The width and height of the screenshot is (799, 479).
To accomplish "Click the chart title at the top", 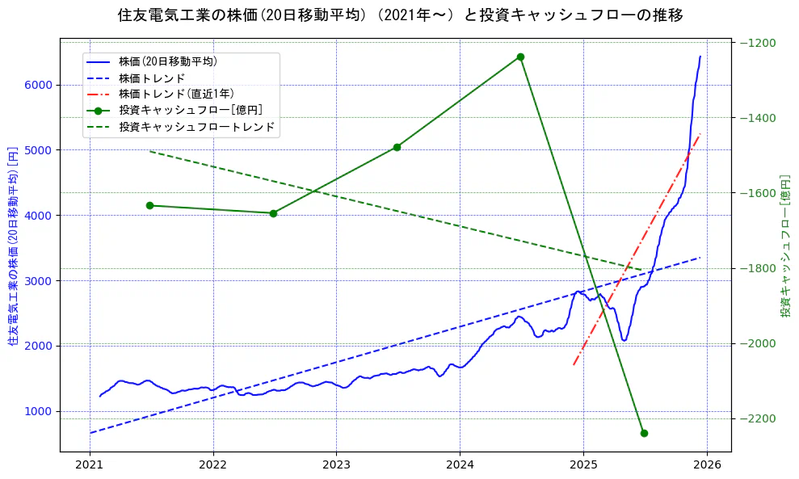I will pyautogui.click(x=399, y=15).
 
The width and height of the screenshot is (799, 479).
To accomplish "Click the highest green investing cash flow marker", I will pyautogui.click(x=520, y=57).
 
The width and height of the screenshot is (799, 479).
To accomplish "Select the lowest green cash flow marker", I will pyautogui.click(x=644, y=433).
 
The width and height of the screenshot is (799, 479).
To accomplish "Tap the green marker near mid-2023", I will pyautogui.click(x=397, y=147).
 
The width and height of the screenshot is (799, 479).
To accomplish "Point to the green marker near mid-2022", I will pyautogui.click(x=273, y=213).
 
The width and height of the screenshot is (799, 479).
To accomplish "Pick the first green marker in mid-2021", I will pyautogui.click(x=149, y=205).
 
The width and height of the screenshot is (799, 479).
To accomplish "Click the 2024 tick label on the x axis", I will pyautogui.click(x=460, y=465).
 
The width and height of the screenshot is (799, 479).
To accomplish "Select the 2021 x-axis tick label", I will pyautogui.click(x=90, y=465).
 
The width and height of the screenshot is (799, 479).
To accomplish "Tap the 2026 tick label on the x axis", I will pyautogui.click(x=707, y=465).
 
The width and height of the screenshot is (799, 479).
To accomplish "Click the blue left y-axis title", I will pyautogui.click(x=13, y=246).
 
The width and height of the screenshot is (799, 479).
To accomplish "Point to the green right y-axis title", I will pyautogui.click(x=785, y=246).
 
